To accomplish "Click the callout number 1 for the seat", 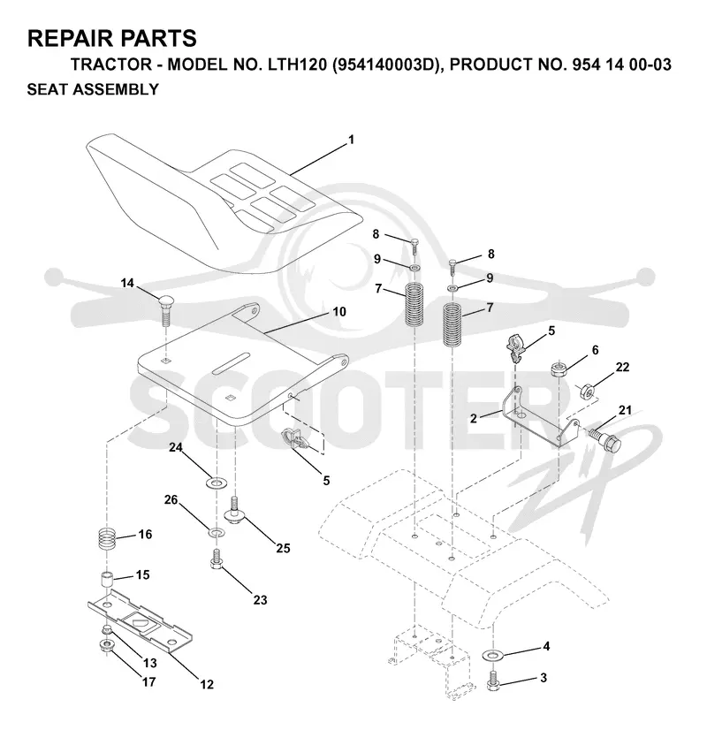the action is [x=352, y=140].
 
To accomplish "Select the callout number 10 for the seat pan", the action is [x=339, y=312].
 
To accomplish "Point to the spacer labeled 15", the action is [x=108, y=582].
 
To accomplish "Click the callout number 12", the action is [x=207, y=684].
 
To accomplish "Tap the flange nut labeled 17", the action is [x=106, y=646].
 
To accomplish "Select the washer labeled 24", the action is [x=216, y=483].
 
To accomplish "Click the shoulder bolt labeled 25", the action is [x=235, y=510].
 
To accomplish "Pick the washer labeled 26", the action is [x=216, y=532].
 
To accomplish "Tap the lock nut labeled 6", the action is [x=558, y=369].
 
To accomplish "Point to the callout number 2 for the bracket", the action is [x=474, y=419].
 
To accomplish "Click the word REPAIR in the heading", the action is [x=68, y=38].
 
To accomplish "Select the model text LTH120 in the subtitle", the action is [x=298, y=65].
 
